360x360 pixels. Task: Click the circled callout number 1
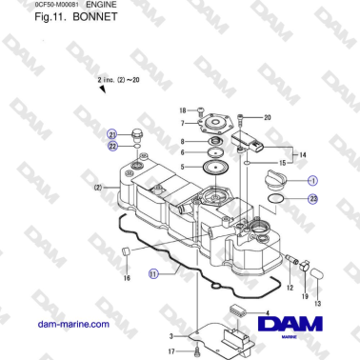[313, 179]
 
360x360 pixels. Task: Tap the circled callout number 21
[111, 135]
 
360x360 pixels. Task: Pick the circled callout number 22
[111, 146]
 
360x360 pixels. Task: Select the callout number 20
[268, 117]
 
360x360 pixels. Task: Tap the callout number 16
[126, 279]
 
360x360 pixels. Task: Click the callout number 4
[266, 313]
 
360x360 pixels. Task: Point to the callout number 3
[170, 336]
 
